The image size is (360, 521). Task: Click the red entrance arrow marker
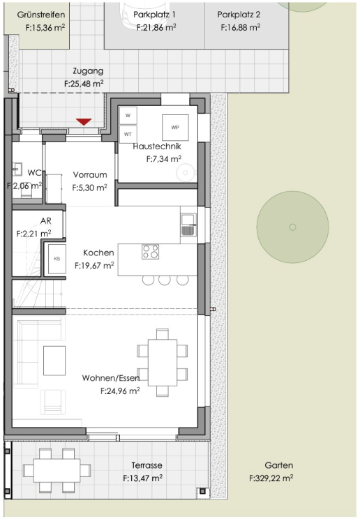click(84, 122)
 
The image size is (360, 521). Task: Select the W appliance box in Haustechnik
click(128, 116)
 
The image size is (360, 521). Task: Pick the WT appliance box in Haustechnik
click(128, 133)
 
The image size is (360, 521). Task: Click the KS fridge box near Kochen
click(57, 259)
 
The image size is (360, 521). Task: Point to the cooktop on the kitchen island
click(150, 252)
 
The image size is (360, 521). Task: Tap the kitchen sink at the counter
click(188, 225)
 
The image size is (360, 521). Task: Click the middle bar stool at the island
click(165, 280)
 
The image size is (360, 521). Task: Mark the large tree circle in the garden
click(292, 226)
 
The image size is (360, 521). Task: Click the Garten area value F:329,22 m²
click(271, 478)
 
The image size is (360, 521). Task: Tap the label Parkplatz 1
click(154, 14)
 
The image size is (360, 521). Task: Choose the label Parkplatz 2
click(239, 14)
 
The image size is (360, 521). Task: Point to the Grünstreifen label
click(41, 14)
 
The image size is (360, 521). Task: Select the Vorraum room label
click(90, 175)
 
